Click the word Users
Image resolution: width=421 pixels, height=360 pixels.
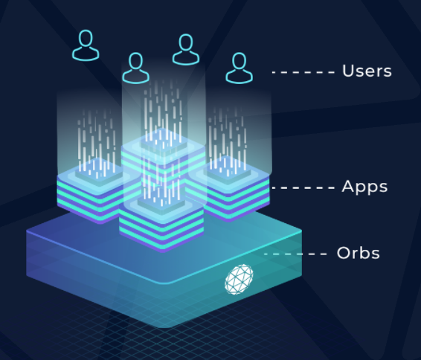[367, 71]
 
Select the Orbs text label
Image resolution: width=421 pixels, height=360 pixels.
[359, 253]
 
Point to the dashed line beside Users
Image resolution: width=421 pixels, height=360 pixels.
[303, 72]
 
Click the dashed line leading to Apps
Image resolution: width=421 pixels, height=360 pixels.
[303, 187]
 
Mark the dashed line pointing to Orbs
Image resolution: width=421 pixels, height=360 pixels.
[295, 254]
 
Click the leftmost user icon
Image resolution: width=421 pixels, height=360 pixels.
[86, 45]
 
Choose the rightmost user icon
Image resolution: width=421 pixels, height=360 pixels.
[240, 68]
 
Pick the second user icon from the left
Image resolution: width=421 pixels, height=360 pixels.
[136, 68]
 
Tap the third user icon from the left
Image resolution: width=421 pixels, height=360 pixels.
[186, 49]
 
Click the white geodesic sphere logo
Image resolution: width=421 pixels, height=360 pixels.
[239, 279]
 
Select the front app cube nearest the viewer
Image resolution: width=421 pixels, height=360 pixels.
[161, 223]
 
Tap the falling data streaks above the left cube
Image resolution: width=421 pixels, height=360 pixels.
[97, 141]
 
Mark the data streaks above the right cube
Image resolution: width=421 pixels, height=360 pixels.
[228, 140]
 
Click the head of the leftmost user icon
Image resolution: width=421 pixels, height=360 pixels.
[86, 38]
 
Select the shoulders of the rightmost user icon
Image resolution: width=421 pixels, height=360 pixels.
[240, 77]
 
